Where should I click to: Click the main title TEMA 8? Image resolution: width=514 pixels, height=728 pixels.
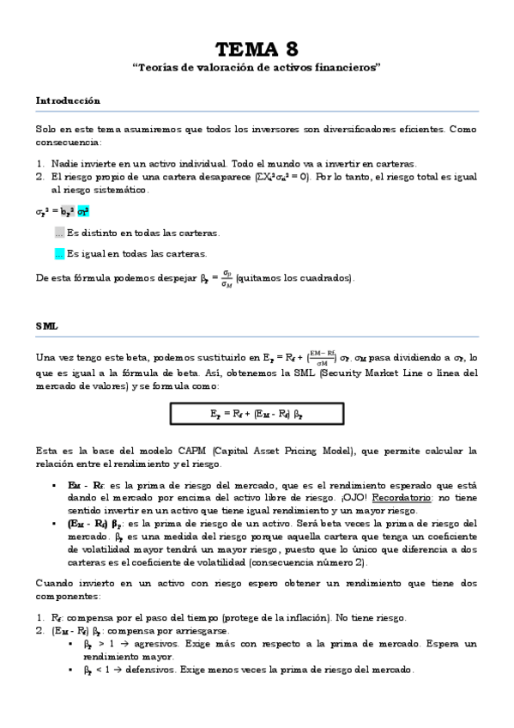pyautogui.click(x=257, y=48)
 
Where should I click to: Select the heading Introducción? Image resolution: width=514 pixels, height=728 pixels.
pyautogui.click(x=68, y=100)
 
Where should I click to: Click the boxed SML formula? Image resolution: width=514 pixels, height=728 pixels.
pyautogui.click(x=257, y=413)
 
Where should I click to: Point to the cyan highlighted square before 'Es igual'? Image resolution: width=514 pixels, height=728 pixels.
pyautogui.click(x=58, y=254)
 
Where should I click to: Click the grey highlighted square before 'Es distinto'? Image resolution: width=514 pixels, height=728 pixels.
pyautogui.click(x=58, y=233)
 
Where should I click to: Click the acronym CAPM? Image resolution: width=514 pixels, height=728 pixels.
pyautogui.click(x=196, y=450)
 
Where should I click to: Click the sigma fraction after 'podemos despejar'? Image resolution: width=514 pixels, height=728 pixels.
pyautogui.click(x=226, y=277)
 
